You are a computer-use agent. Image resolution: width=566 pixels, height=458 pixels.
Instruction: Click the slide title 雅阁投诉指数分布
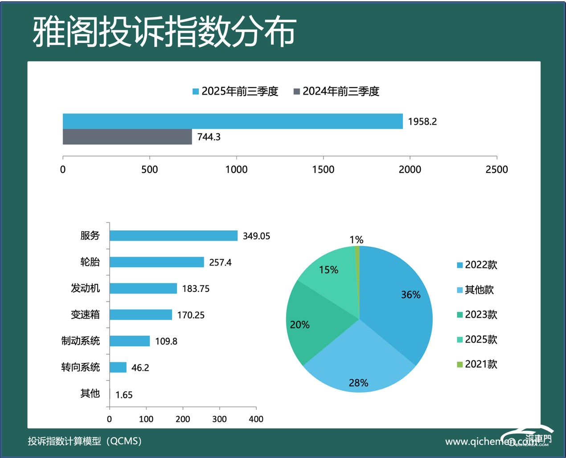164,32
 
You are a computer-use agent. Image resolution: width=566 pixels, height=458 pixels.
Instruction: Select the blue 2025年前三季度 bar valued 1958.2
233,121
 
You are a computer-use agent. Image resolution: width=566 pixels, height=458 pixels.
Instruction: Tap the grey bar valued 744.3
127,137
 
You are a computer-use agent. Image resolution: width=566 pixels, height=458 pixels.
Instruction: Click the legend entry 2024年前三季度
336,91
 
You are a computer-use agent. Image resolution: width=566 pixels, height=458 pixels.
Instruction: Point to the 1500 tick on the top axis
323,169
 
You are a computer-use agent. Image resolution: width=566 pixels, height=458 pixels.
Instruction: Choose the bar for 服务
173,236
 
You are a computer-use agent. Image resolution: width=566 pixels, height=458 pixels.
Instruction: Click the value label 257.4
220,262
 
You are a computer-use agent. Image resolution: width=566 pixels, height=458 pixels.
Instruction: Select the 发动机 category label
85,288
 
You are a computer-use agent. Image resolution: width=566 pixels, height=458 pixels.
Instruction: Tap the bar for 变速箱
141,315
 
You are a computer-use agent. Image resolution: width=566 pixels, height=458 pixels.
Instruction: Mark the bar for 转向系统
118,367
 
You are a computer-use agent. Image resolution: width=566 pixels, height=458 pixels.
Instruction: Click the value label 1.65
124,395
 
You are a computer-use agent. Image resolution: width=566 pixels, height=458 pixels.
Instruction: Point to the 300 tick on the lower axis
219,419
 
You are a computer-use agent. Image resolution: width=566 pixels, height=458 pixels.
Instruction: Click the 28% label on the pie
358,383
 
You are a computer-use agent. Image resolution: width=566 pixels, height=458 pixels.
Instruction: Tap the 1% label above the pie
357,240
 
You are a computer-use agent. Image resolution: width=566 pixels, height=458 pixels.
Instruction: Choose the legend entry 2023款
477,315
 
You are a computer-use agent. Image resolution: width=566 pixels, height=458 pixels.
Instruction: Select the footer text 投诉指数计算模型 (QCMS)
85,441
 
